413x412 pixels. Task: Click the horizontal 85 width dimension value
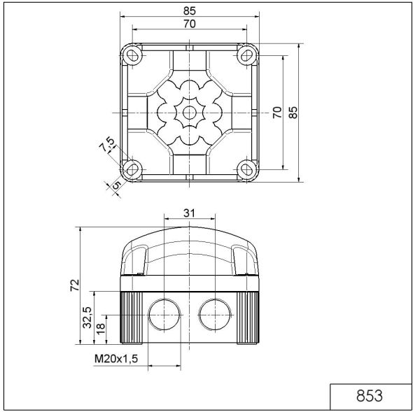189,10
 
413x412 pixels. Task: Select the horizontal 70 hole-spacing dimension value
189,24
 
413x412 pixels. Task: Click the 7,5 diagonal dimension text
107,145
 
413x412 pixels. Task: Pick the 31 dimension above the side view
189,213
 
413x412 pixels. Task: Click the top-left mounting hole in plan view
132,55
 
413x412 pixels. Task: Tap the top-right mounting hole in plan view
246,55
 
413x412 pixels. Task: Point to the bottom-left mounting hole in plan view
132,169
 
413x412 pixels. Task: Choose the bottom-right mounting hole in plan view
246,169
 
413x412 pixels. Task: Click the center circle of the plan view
189,112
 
